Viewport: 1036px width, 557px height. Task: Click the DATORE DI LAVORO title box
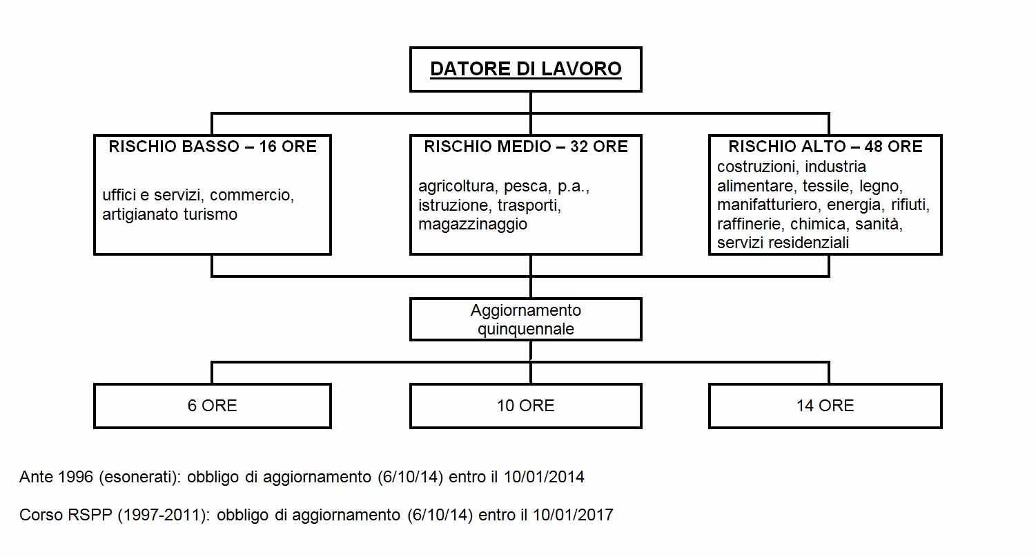coord(525,69)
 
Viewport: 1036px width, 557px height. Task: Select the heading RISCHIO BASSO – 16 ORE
coord(213,147)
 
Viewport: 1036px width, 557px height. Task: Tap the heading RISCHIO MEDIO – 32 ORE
coord(526,147)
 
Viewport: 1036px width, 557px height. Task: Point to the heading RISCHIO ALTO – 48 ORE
coord(825,147)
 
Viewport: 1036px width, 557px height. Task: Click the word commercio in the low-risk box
coord(252,196)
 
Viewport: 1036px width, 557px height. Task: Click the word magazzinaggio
coord(473,225)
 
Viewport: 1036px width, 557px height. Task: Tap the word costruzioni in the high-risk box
coord(758,167)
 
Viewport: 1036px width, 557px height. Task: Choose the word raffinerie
coord(750,224)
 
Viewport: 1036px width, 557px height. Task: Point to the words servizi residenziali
coord(783,243)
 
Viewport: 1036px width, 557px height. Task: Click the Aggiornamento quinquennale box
coord(525,319)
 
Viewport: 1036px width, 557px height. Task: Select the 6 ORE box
coord(213,406)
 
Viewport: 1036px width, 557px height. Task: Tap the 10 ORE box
coord(525,406)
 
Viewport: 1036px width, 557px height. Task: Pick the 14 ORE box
coord(825,406)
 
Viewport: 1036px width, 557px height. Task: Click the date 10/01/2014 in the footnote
coord(544,477)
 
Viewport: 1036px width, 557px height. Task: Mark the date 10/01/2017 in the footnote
coord(573,515)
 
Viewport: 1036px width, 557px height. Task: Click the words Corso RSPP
coord(66,515)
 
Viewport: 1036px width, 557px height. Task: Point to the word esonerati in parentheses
coord(139,477)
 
